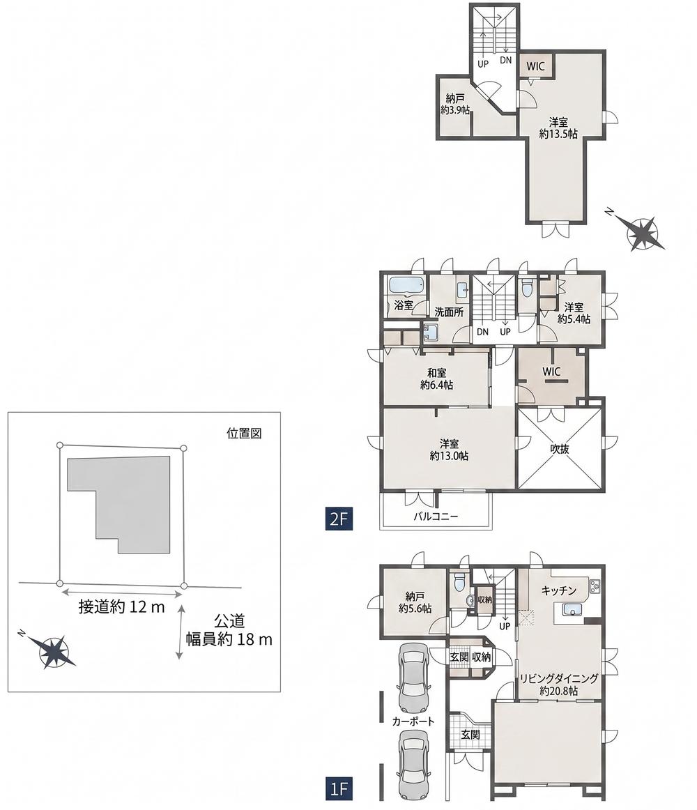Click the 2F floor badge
339,518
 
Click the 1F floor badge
339,789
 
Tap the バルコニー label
436,516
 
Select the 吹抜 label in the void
559,448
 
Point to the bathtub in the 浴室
406,284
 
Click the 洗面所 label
448,312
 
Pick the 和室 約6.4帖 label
436,379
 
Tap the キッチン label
558,590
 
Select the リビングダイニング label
558,678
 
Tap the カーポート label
413,721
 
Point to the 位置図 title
244,433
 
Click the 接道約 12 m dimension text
121,606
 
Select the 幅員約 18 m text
229,639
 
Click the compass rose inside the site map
52,651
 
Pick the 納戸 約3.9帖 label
454,104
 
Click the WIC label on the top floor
535,66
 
